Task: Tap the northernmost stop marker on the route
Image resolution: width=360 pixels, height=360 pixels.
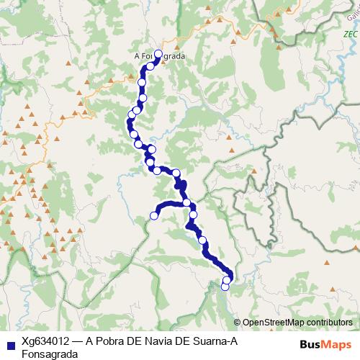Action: click(158, 54)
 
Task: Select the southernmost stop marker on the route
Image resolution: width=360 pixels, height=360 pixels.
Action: click(225, 287)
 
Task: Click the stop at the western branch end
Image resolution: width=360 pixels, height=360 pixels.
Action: click(153, 215)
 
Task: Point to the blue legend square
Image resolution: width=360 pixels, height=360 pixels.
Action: click(9, 344)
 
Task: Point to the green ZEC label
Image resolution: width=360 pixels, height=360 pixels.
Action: click(350, 34)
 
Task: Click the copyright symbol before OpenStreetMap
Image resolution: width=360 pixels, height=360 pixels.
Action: click(238, 323)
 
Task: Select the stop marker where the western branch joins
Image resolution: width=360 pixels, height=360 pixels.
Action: click(187, 203)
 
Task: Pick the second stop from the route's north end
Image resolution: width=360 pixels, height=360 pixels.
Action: click(150, 66)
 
